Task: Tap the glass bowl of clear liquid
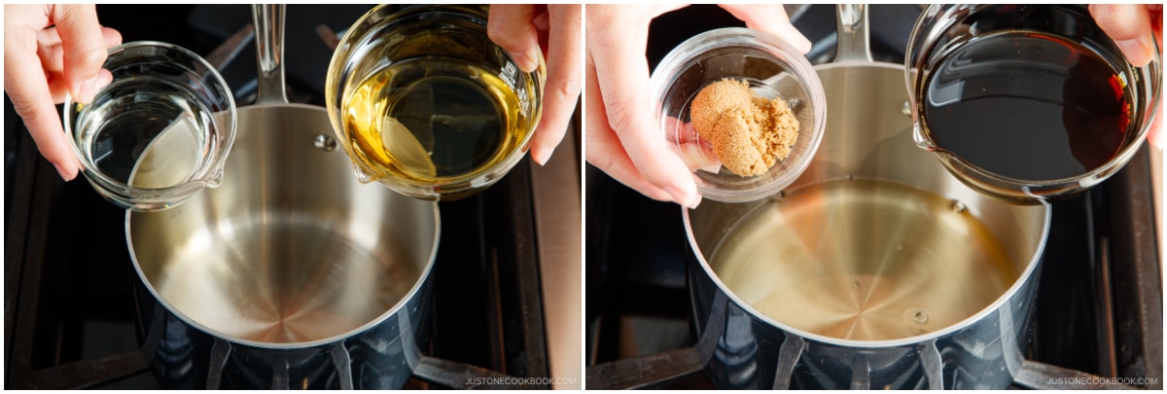pos(150,125)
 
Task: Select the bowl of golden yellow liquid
pos(435,101)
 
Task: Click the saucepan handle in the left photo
pos(268,53)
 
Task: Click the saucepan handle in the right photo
pos(852,34)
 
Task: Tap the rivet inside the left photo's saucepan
pos(325,142)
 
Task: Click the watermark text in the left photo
pos(520,381)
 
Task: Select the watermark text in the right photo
pos(1102,381)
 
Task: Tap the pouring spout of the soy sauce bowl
pos(923,138)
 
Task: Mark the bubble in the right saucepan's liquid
pos(920,316)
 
